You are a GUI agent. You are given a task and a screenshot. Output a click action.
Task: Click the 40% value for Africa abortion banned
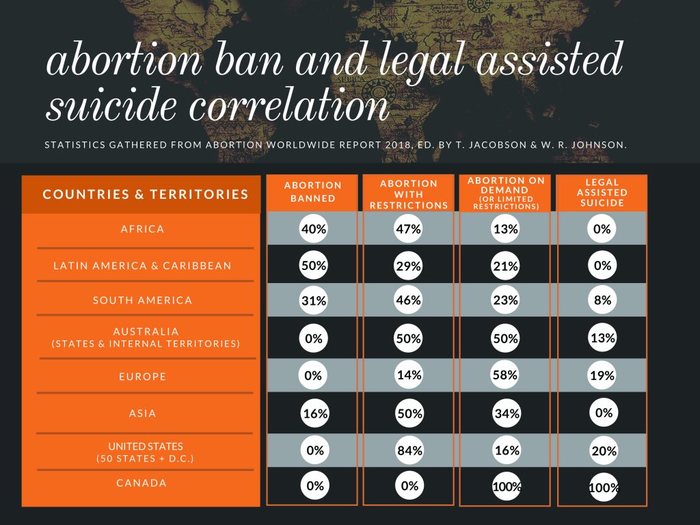(313, 228)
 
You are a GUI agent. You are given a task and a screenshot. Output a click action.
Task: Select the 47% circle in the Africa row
(409, 228)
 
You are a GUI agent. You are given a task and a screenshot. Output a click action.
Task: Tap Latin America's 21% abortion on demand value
(505, 266)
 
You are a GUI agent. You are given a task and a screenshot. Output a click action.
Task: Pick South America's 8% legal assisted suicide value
(602, 300)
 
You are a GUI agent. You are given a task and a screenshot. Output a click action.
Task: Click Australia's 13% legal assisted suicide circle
(603, 338)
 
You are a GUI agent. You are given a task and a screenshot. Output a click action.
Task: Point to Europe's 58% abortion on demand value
(505, 375)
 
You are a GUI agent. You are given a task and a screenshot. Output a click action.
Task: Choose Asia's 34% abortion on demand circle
(507, 414)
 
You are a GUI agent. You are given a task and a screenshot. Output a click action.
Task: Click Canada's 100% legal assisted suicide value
(604, 487)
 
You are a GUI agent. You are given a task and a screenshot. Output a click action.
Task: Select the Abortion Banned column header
(312, 191)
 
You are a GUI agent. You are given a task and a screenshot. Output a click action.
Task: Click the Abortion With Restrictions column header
(409, 194)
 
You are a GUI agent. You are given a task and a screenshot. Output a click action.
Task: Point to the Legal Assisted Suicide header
(602, 192)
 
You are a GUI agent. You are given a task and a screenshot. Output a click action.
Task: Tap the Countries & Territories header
(146, 194)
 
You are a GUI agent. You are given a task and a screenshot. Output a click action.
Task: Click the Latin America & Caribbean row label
(142, 266)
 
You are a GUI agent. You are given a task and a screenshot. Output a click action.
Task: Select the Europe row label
(142, 377)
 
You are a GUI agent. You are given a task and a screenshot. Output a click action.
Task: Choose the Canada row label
(142, 483)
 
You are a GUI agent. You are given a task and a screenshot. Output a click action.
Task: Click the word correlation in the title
(289, 105)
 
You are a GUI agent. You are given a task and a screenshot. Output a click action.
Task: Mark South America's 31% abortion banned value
(313, 300)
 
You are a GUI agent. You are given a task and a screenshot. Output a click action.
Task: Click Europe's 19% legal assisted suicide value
(602, 375)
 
